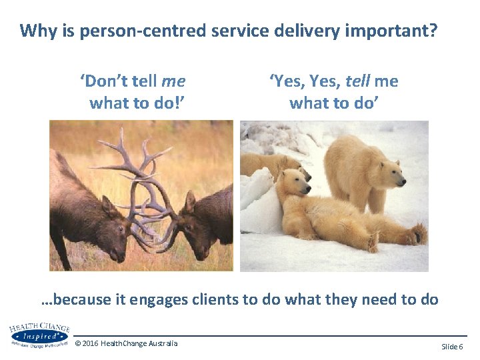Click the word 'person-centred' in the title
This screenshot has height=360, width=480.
tap(133, 31)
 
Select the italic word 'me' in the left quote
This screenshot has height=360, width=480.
tap(173, 81)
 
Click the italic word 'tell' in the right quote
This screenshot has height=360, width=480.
tap(357, 81)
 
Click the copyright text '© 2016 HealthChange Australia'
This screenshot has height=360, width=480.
tap(127, 343)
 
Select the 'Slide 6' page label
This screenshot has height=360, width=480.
tap(452, 347)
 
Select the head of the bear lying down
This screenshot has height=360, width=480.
tap(293, 186)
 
